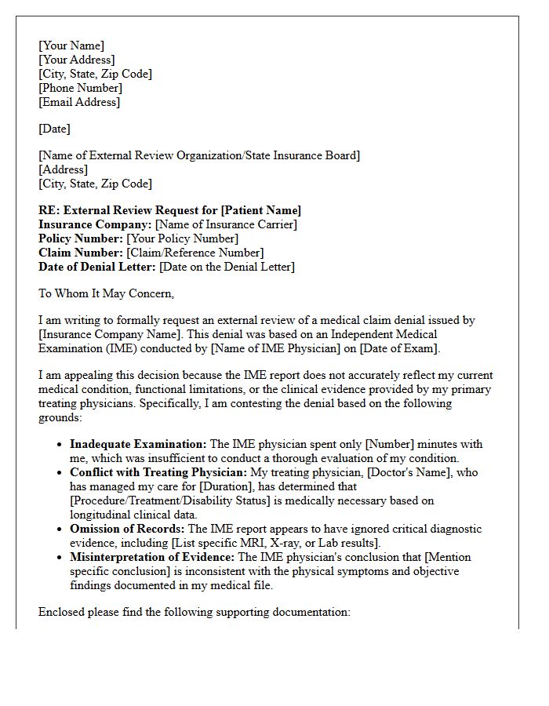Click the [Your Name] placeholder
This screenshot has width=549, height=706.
(71, 45)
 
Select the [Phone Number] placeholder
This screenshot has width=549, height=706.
(80, 88)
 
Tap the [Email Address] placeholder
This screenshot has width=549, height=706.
(79, 102)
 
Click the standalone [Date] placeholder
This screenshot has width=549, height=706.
(54, 129)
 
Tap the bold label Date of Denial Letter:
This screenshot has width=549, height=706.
(97, 267)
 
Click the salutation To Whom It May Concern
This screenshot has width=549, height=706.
(106, 293)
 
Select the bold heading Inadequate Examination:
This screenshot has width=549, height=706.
(138, 444)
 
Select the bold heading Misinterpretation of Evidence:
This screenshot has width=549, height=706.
(152, 557)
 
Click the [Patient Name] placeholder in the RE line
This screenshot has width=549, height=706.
(260, 210)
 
